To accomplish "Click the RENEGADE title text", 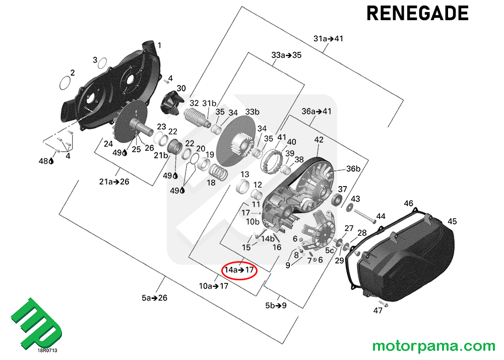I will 417,14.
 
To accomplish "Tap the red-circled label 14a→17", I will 240,270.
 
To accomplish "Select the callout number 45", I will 452,221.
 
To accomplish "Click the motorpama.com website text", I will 433,346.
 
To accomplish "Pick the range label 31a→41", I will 328,39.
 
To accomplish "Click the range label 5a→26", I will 154,298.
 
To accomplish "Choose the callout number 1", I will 160,45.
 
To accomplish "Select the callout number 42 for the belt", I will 319,139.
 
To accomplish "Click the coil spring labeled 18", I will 218,173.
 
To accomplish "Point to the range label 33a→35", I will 286,55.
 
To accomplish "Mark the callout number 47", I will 378,311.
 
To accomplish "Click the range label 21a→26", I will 114,182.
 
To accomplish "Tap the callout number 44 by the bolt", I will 381,216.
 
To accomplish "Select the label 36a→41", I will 317,111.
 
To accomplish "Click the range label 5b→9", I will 276,305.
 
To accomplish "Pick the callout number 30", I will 181,88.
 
